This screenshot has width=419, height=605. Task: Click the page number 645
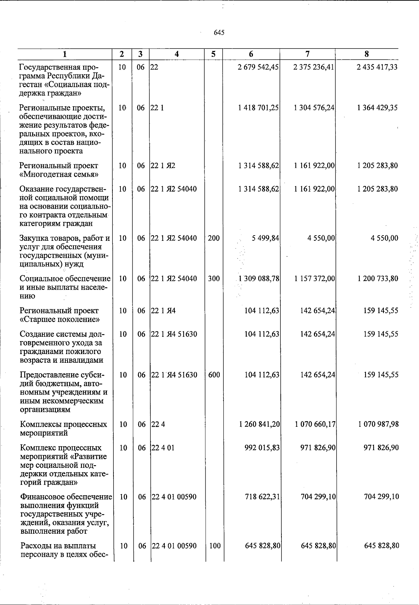[219, 33]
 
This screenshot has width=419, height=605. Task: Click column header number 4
[177, 54]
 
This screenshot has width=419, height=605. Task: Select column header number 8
[366, 54]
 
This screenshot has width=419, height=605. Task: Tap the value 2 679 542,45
[258, 67]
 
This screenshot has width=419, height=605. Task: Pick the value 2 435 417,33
[377, 67]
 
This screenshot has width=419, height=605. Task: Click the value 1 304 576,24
[314, 108]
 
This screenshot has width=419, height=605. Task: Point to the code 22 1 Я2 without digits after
[163, 166]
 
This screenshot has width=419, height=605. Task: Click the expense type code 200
[214, 238]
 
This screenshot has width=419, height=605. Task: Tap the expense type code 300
[214, 279]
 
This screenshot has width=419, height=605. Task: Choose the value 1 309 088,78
[258, 279]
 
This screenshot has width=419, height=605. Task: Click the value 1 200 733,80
[377, 279]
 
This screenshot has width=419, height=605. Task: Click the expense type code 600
[214, 375]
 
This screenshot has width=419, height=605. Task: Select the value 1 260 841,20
[259, 424]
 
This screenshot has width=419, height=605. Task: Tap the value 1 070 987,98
[378, 424]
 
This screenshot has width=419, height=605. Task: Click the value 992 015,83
[262, 448]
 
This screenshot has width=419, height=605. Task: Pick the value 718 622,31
[262, 497]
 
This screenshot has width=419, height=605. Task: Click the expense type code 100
[214, 546]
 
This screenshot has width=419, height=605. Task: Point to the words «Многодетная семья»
[59, 174]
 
